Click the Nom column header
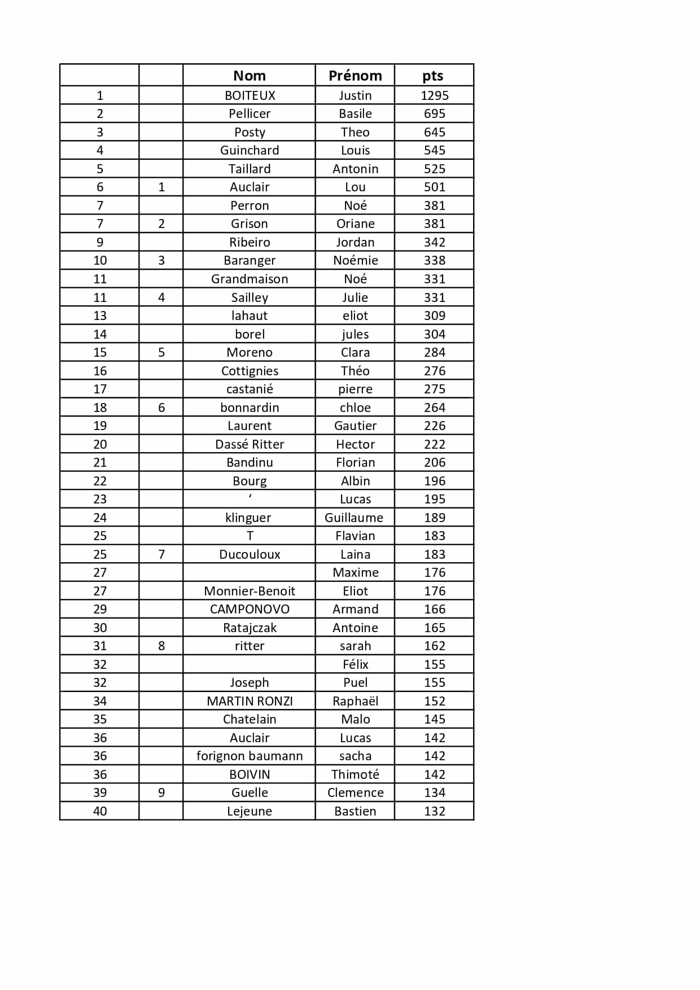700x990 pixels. [x=249, y=76]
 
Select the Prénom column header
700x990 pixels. [x=355, y=76]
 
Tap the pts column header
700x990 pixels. [x=433, y=76]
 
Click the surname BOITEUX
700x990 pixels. [x=250, y=95]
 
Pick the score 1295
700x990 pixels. [x=434, y=95]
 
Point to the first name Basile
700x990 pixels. [x=355, y=113]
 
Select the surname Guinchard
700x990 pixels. [x=250, y=150]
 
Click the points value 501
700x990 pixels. [x=434, y=187]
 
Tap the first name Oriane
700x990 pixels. [x=355, y=224]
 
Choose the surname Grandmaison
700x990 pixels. [x=250, y=279]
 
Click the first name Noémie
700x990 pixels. [x=355, y=260]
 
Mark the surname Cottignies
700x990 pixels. [x=250, y=371]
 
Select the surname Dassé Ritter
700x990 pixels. [x=250, y=444]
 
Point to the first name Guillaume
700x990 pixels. [x=354, y=518]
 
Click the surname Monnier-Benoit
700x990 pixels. [x=250, y=591]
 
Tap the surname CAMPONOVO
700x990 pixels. [x=250, y=609]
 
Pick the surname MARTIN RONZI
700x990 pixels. [x=250, y=701]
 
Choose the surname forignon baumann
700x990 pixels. [x=250, y=756]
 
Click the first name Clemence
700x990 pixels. [x=355, y=792]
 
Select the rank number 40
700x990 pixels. [x=100, y=811]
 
